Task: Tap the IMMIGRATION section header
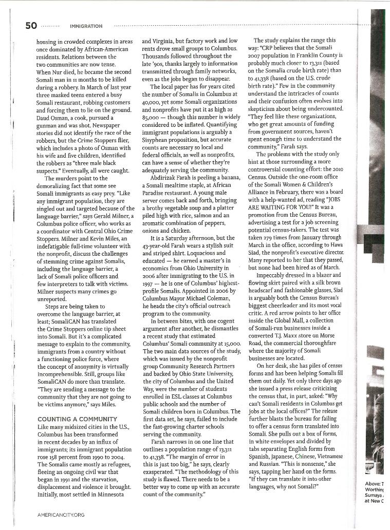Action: tap(86, 26)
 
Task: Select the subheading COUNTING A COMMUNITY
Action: tap(77, 419)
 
